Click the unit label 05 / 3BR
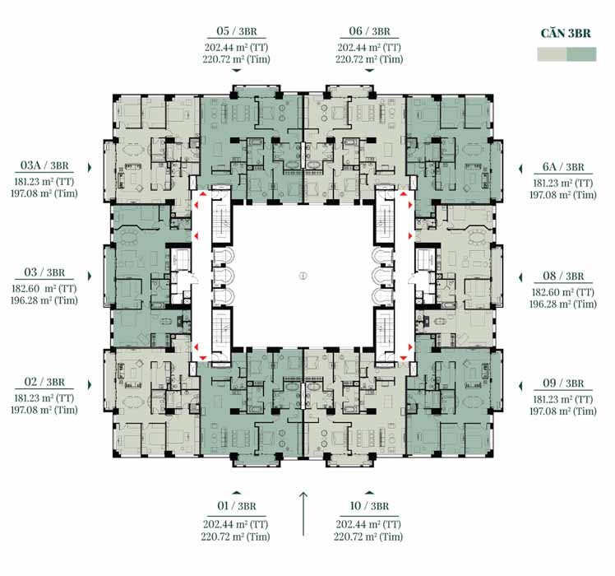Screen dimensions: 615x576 tap(237, 31)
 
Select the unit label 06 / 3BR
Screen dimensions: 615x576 tap(369, 31)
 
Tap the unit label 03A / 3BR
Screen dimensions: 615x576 tap(44, 165)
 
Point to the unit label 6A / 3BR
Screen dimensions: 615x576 tap(563, 167)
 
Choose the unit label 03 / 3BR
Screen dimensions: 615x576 tap(44, 272)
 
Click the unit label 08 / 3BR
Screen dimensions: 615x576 tap(563, 276)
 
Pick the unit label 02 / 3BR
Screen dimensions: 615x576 tap(44, 382)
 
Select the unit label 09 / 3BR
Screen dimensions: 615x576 tap(563, 383)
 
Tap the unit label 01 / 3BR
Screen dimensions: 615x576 tap(237, 506)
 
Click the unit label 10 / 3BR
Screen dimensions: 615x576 tap(369, 506)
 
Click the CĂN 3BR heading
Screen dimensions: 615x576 tap(566, 34)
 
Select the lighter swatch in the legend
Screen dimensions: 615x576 tap(552, 54)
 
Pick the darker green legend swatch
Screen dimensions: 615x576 tap(581, 54)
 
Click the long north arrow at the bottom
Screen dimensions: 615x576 tap(303, 513)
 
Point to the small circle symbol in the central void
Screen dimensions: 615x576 tap(303, 276)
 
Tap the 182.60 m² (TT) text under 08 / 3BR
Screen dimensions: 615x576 tap(563, 292)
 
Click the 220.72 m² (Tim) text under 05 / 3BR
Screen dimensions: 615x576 tap(237, 59)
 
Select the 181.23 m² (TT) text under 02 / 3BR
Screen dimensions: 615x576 tap(44, 398)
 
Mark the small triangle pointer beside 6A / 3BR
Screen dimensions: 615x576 tap(520, 169)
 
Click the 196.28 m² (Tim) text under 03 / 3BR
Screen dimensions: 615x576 tap(44, 300)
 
